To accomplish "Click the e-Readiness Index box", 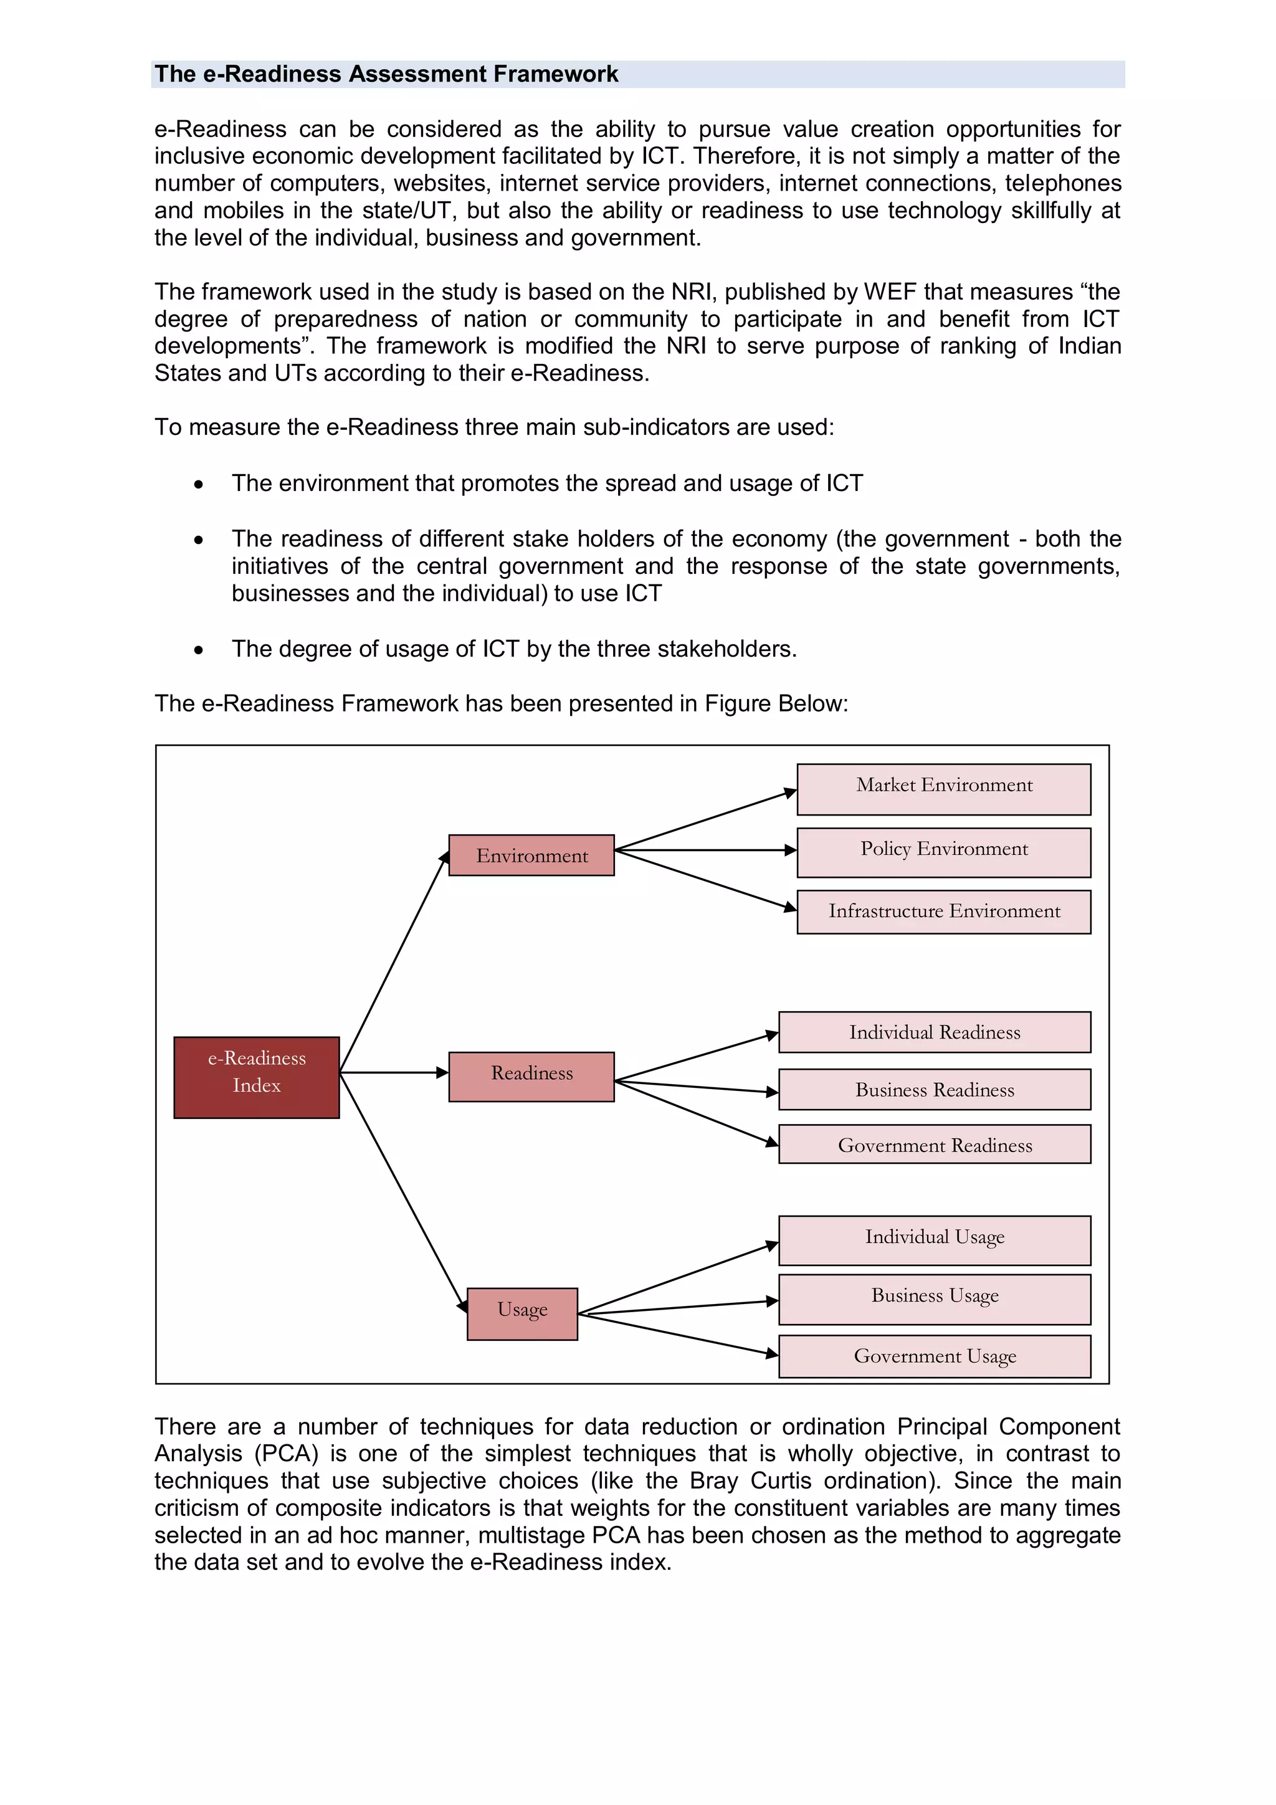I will click(x=256, y=1077).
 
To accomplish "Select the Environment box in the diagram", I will click(x=531, y=855).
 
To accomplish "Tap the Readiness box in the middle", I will click(x=531, y=1076).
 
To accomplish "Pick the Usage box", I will click(x=522, y=1313).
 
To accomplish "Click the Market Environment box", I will click(x=943, y=789).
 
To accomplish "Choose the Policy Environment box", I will click(x=943, y=852).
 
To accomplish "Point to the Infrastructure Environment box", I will click(x=943, y=912).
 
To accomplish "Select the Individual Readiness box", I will click(x=934, y=1032).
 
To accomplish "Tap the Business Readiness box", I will click(x=934, y=1090).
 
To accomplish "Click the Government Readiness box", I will click(x=934, y=1145).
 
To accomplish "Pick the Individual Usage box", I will click(x=934, y=1240).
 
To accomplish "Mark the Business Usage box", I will click(x=934, y=1298).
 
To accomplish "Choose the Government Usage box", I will click(x=934, y=1356).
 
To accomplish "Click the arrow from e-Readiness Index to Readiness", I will click(x=393, y=1072).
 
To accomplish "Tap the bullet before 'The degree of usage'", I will click(x=199, y=650).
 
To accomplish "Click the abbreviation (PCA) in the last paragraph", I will click(x=288, y=1453).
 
